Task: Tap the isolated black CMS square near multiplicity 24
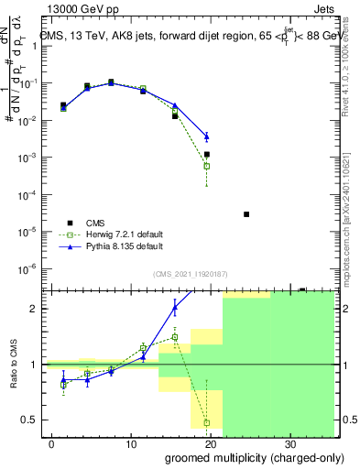click(x=246, y=214)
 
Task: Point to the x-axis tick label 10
click(x=131, y=443)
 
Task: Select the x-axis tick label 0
click(x=52, y=443)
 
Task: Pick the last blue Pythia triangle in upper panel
click(x=207, y=136)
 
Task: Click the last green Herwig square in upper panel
click(x=207, y=166)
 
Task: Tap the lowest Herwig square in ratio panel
click(x=207, y=422)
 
